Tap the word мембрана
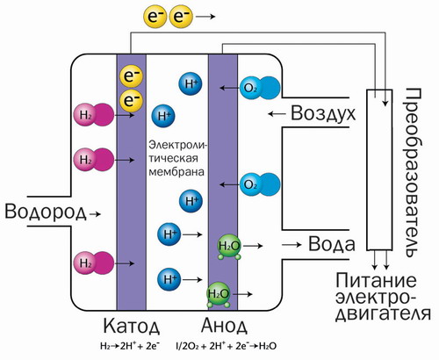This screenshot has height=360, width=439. pos(176,174)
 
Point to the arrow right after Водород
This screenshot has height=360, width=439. pos(95,213)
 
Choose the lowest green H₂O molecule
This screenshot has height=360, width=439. pos(219,293)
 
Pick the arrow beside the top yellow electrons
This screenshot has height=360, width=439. pos(203,16)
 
